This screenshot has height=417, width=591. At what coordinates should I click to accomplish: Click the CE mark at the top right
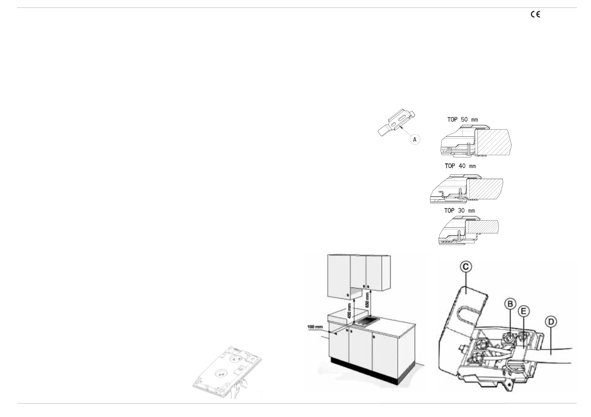(x=536, y=14)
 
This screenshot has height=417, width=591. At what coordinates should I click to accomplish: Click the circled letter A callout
(x=415, y=140)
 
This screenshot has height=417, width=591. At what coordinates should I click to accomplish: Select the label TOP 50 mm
(x=463, y=120)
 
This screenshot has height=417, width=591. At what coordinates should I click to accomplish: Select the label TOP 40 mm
(x=460, y=166)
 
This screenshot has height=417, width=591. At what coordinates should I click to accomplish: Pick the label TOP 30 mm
(x=459, y=211)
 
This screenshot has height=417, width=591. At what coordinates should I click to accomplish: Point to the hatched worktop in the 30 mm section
(x=482, y=227)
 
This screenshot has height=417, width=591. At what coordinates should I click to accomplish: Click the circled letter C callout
(x=465, y=267)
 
